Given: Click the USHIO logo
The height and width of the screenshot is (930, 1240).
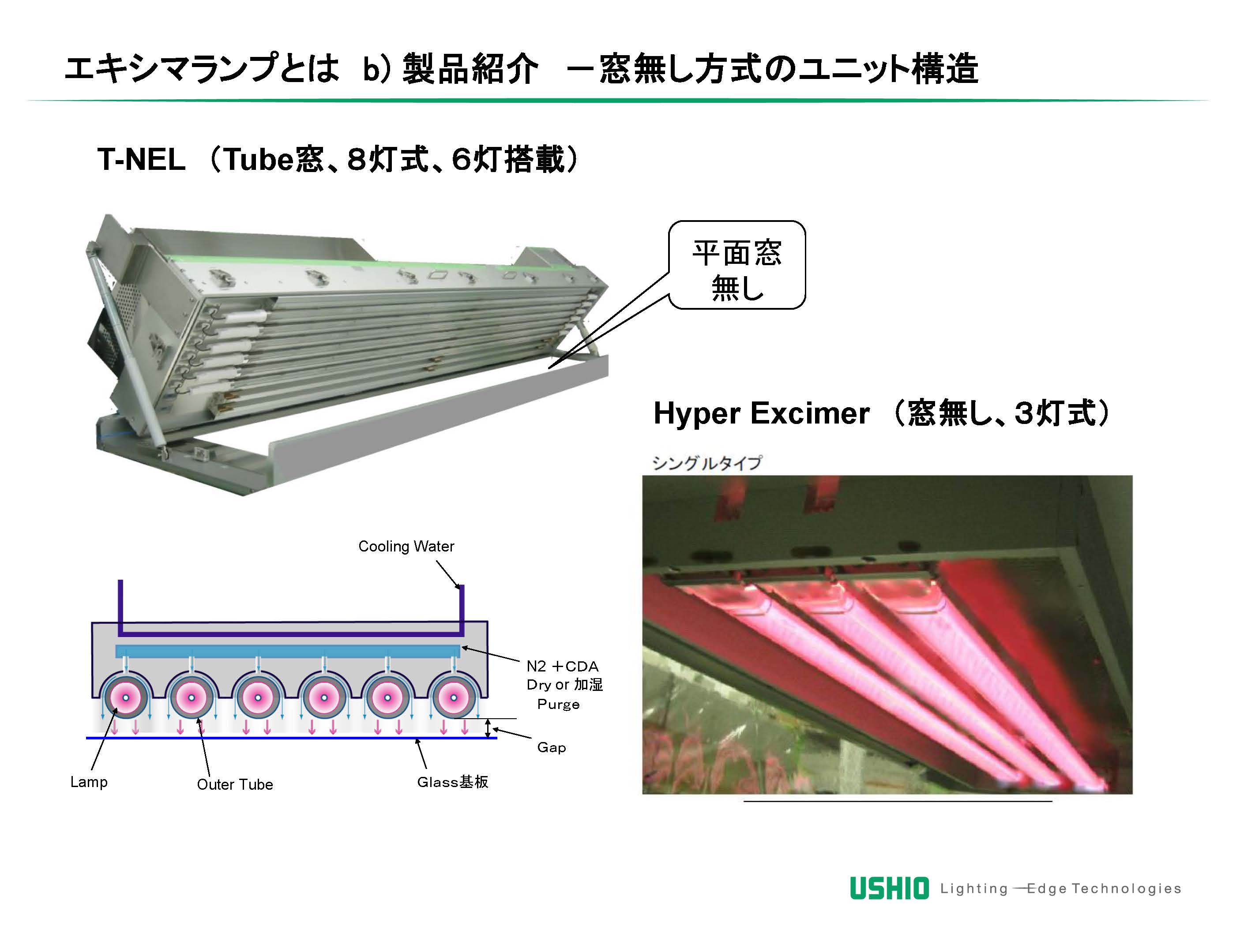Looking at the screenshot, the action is [889, 888].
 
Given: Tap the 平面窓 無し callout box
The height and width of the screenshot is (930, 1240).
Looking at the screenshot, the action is [737, 265].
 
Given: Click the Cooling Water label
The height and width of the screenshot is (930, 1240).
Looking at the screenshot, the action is [406, 547].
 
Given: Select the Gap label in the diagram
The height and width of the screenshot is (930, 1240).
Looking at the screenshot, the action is [552, 747].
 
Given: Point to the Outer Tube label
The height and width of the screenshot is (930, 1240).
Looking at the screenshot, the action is [235, 784].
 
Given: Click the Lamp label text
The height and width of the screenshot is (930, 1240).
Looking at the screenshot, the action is [89, 782].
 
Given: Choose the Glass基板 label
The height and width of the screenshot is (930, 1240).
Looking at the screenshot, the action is [452, 782].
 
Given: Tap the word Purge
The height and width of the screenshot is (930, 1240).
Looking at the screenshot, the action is [558, 704].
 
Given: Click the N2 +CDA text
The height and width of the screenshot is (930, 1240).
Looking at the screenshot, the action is [562, 666].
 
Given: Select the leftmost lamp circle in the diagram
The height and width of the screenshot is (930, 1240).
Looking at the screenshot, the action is [126, 698].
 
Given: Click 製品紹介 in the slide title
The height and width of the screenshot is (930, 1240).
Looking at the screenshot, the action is [470, 70].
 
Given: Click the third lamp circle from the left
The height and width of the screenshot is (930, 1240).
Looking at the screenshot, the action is [258, 698].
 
